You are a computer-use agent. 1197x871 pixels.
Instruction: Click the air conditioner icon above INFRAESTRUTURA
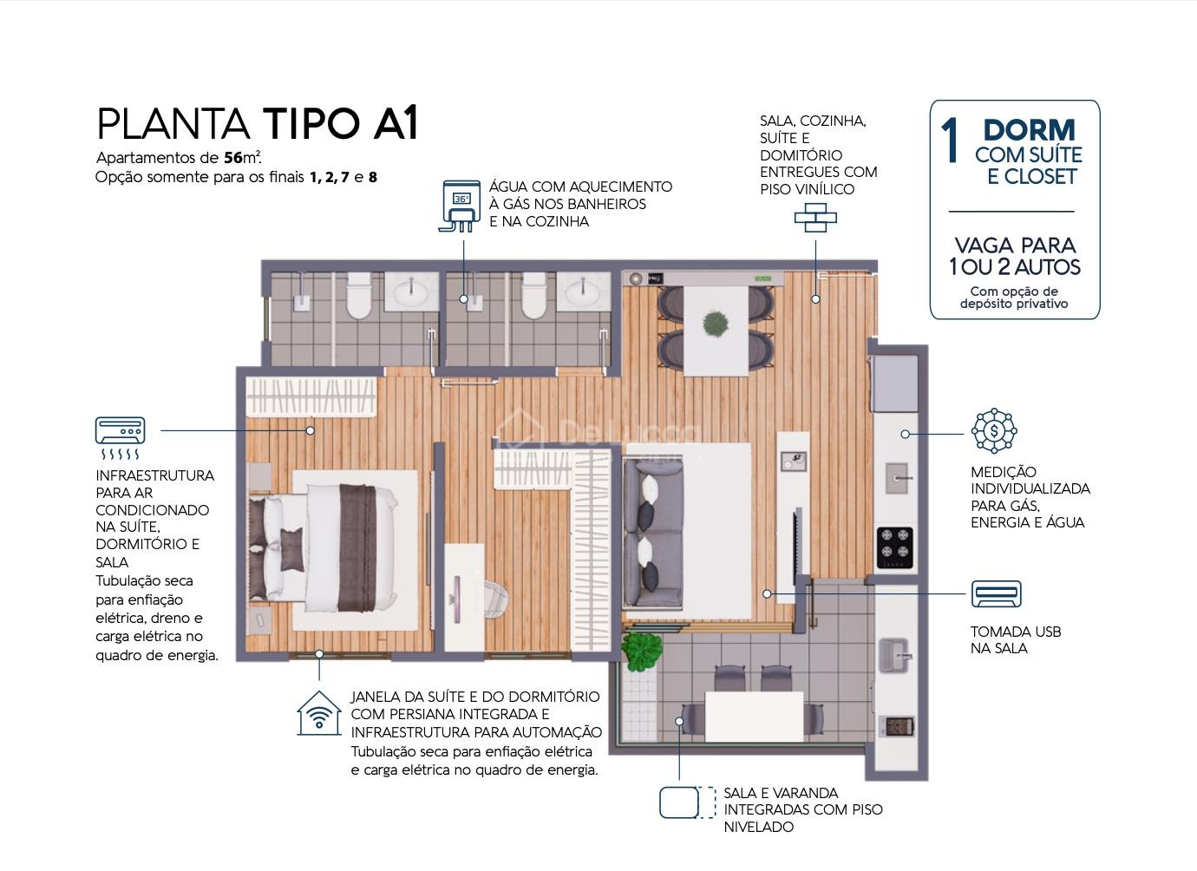[x=120, y=437]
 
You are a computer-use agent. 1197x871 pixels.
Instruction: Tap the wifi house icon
[x=319, y=713]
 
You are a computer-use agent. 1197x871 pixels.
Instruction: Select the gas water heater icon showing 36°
[x=460, y=206]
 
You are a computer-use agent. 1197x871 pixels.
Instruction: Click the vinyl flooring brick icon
[x=815, y=218]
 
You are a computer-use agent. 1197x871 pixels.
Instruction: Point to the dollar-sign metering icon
[x=994, y=430]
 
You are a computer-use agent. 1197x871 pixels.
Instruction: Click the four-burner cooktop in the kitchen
[x=895, y=547]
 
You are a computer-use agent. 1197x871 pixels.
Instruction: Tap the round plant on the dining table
[x=716, y=323]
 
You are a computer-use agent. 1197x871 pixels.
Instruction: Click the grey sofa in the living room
[x=653, y=534]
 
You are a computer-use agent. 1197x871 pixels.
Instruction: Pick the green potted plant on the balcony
[x=642, y=651]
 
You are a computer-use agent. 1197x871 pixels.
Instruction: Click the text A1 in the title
[x=395, y=123]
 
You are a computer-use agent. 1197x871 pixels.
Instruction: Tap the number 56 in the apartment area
[x=233, y=158]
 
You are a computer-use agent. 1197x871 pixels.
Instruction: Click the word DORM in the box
[x=1030, y=130]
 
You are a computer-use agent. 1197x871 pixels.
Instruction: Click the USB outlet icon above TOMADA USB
[x=996, y=593]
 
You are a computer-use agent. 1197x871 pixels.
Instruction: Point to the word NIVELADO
[x=758, y=827]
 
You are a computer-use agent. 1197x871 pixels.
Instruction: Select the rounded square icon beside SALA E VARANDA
[x=678, y=802]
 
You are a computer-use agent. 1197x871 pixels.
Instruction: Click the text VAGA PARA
[x=1015, y=246]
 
